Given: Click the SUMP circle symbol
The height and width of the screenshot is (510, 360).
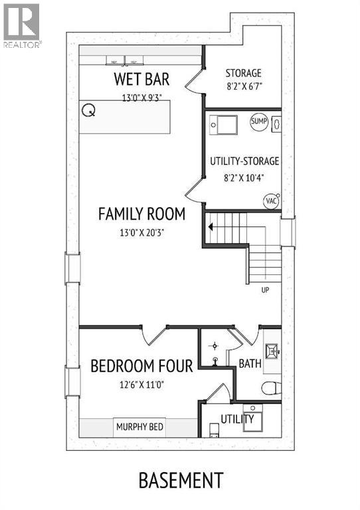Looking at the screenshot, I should click(259, 122).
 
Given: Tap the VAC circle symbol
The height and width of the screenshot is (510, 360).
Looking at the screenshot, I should click(271, 201).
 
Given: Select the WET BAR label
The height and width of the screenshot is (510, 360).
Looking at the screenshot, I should click(141, 80).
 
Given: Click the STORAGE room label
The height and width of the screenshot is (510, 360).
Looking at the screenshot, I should click(243, 73).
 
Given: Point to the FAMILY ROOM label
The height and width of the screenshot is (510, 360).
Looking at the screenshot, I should click(141, 214).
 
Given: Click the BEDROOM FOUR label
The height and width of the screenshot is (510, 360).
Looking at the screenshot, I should click(141, 365).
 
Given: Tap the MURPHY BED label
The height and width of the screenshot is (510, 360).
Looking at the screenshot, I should click(139, 427).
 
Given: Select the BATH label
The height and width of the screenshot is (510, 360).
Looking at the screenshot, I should click(250, 364).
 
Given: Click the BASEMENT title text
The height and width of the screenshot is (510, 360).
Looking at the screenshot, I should click(180, 479).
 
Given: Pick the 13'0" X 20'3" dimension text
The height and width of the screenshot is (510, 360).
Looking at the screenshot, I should click(141, 232).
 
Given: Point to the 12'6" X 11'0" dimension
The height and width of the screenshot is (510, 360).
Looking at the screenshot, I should click(141, 383).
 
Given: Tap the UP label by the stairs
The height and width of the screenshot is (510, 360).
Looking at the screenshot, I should click(266, 290).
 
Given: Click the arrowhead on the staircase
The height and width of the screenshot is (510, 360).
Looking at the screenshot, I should click(211, 227).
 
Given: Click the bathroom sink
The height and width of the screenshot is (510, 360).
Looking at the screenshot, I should click(271, 351).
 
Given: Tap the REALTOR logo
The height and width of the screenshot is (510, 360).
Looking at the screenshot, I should click(22, 25).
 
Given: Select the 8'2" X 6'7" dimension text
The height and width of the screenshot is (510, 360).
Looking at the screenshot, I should click(243, 86).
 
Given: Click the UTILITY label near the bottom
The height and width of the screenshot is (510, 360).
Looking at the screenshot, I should click(238, 419).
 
